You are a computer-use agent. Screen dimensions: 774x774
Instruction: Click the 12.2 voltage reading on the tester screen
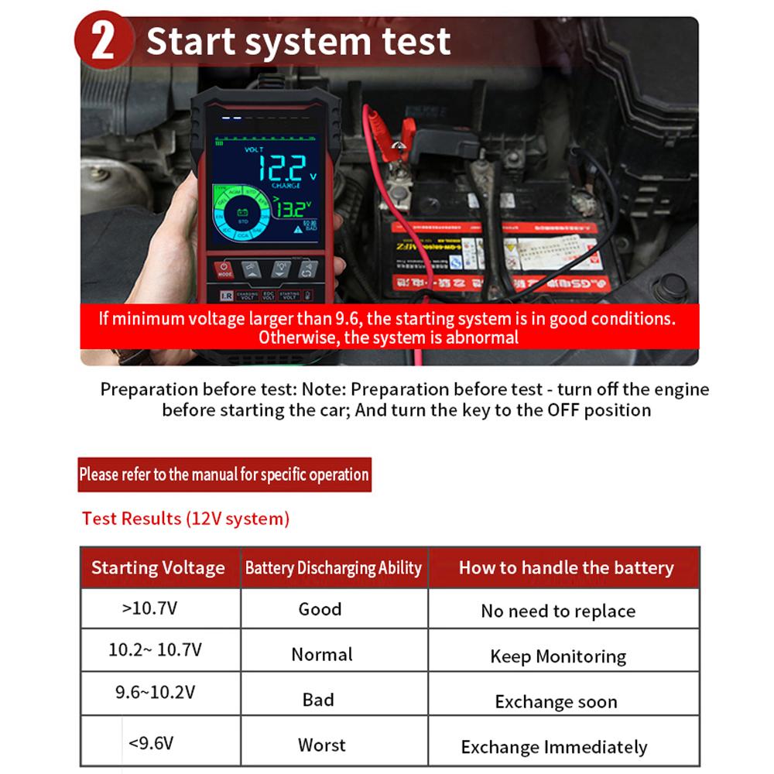click(x=281, y=167)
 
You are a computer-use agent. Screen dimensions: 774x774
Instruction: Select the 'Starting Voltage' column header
click(x=159, y=568)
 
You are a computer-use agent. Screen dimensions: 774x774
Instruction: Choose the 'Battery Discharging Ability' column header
click(x=334, y=568)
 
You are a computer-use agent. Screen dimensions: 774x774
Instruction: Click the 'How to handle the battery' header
click(x=566, y=568)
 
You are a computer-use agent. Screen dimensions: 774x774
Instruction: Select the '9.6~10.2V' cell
click(x=156, y=692)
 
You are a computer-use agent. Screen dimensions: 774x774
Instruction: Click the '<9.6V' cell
click(x=151, y=744)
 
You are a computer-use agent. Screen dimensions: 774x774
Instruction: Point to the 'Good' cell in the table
click(x=320, y=609)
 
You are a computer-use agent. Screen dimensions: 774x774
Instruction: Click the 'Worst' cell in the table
click(x=321, y=745)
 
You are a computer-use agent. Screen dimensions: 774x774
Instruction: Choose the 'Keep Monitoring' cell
click(x=558, y=657)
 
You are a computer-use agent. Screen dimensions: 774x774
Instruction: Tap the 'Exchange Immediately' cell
click(x=554, y=748)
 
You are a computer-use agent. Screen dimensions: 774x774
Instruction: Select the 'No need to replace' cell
click(x=558, y=611)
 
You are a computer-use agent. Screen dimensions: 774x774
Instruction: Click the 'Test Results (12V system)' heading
click(x=186, y=519)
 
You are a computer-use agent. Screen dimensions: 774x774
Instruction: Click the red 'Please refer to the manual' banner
click(x=224, y=474)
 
